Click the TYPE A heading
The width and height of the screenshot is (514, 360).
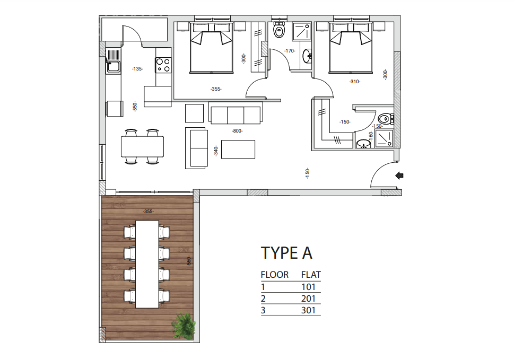coord(287,253)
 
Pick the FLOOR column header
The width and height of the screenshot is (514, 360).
coord(275,275)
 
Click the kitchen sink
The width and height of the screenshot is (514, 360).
coord(113,67)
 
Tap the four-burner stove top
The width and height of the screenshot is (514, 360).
coord(163,65)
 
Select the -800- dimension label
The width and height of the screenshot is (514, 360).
coord(237,130)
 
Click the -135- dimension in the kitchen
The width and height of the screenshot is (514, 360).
coord(137,69)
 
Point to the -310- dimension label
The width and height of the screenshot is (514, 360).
coord(354,82)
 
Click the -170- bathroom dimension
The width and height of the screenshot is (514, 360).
coord(289,51)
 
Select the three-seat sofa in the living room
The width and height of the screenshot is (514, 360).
coord(236,115)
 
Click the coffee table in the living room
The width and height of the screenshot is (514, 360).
coord(238,149)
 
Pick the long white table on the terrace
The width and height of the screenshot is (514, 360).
coord(147,264)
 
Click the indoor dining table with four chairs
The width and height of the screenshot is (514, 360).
coord(142,146)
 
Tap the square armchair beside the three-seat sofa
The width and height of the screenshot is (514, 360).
coord(194,113)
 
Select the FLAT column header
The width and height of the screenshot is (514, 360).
coord(311,275)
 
